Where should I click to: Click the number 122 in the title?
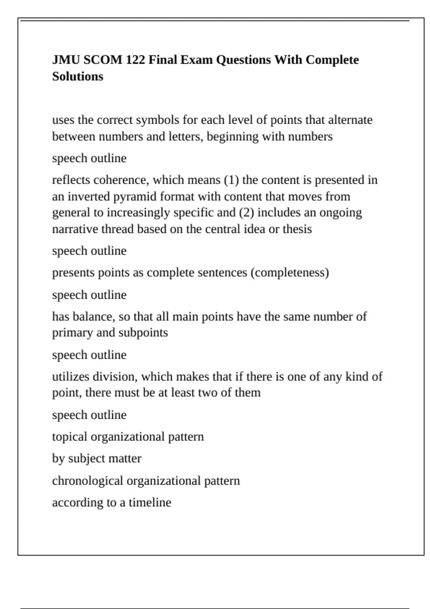click(135, 59)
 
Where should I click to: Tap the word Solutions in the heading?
click(77, 76)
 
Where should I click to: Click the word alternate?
click(350, 120)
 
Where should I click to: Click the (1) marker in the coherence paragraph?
click(231, 179)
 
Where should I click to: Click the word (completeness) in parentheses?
click(290, 273)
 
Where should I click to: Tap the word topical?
click(70, 437)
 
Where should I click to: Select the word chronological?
click(87, 481)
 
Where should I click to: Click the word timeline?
click(150, 503)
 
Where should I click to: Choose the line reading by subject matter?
click(97, 459)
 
